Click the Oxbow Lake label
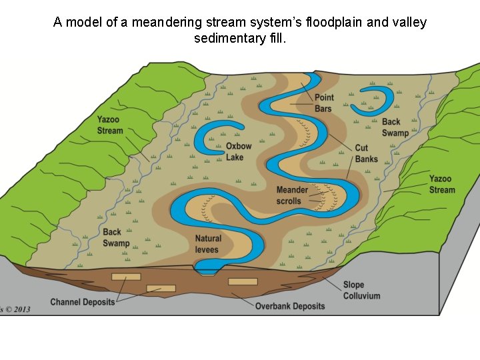239,152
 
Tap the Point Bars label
324,103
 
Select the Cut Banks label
366,153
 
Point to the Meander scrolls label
292,195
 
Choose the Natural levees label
208,244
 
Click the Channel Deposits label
82,302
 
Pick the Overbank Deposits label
290,306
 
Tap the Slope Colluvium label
361,290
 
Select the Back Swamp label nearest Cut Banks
395,127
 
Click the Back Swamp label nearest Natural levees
116,238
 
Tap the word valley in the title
407,23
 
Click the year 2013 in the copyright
20,309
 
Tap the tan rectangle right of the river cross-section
243,281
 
